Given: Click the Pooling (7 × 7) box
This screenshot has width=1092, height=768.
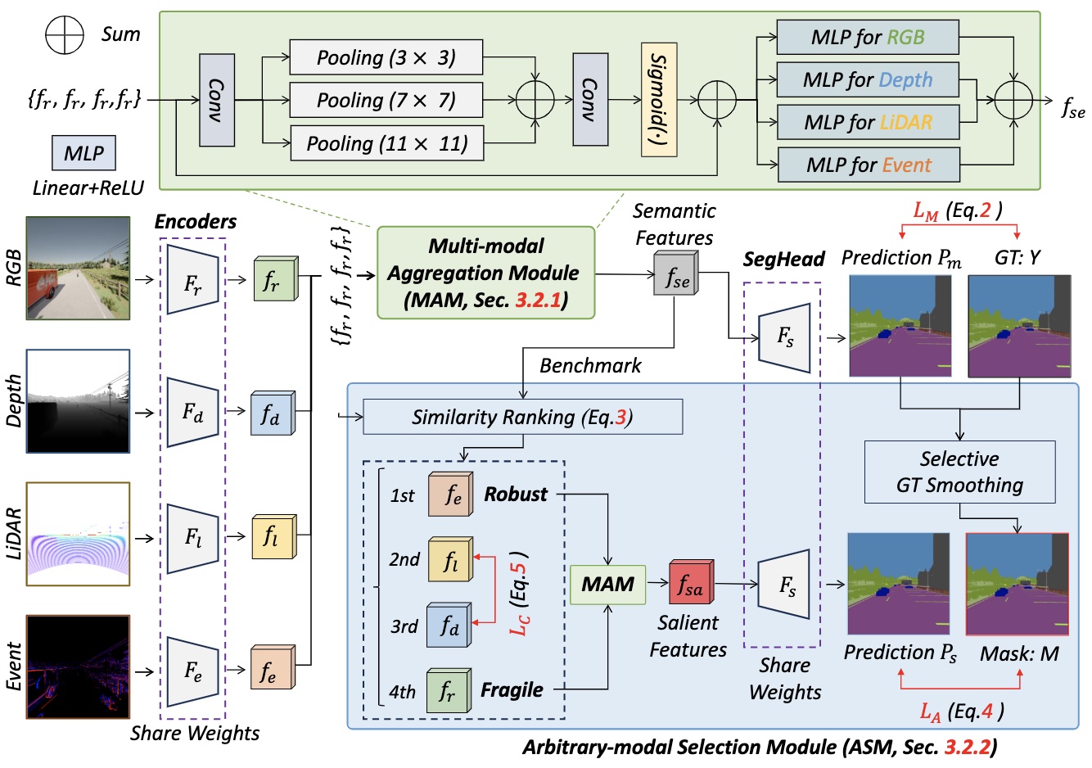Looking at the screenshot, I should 386,100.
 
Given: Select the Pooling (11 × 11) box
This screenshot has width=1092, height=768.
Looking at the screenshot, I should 386,143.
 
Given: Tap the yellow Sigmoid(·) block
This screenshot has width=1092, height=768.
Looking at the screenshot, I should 659,100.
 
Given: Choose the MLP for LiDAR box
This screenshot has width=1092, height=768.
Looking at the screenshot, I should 868,123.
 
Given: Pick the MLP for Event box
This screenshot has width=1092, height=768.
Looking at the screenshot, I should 868,165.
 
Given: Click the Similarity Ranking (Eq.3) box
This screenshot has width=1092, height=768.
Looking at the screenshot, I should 522,417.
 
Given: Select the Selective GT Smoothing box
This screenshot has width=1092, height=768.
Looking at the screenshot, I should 959,472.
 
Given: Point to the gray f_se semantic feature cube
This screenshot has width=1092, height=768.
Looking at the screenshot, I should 676,274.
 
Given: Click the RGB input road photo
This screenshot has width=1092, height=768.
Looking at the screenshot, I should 78,268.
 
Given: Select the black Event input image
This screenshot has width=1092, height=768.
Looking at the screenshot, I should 78,666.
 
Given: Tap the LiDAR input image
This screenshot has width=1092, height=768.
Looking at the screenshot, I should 78,534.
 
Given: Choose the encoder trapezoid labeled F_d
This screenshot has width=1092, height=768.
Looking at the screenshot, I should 192,413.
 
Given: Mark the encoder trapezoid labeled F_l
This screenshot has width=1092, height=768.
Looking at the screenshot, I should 192,538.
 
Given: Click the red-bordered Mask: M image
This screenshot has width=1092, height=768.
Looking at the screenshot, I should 1018,584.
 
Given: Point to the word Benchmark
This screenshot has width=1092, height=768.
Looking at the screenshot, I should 590,366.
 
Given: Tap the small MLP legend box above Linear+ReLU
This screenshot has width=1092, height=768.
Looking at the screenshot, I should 83,153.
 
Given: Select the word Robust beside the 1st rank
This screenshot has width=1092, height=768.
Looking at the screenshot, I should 516,495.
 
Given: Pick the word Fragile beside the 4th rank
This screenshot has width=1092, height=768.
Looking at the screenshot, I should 512,690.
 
